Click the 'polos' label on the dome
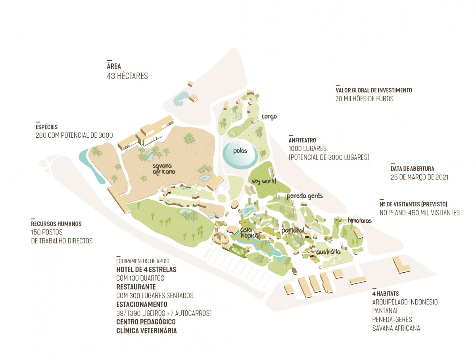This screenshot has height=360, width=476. tap(240, 151)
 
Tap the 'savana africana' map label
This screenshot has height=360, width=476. tap(164, 169)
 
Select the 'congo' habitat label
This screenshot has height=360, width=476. tap(269, 117)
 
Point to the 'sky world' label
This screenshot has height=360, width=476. tap(264, 181)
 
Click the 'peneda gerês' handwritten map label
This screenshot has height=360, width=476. tap(305, 196)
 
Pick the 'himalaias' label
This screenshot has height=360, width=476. tap(359, 221)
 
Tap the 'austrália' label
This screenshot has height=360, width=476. tap(328, 252)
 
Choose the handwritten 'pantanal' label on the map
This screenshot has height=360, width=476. tap(292, 231)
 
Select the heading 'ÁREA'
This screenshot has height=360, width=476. tap(114, 66)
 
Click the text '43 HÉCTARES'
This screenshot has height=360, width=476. tap(127, 76)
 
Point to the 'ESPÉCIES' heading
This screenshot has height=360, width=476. tap(46, 127)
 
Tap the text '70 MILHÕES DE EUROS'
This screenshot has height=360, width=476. tap(365, 99)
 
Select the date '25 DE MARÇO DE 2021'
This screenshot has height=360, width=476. tap(419, 177)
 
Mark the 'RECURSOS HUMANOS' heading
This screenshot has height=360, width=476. tap(56, 224)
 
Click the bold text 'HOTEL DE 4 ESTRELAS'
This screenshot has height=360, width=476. tap(146, 270)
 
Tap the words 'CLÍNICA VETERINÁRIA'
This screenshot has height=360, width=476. tap(146, 331)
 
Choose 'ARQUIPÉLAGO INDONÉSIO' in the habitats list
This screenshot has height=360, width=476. tap(405, 302)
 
